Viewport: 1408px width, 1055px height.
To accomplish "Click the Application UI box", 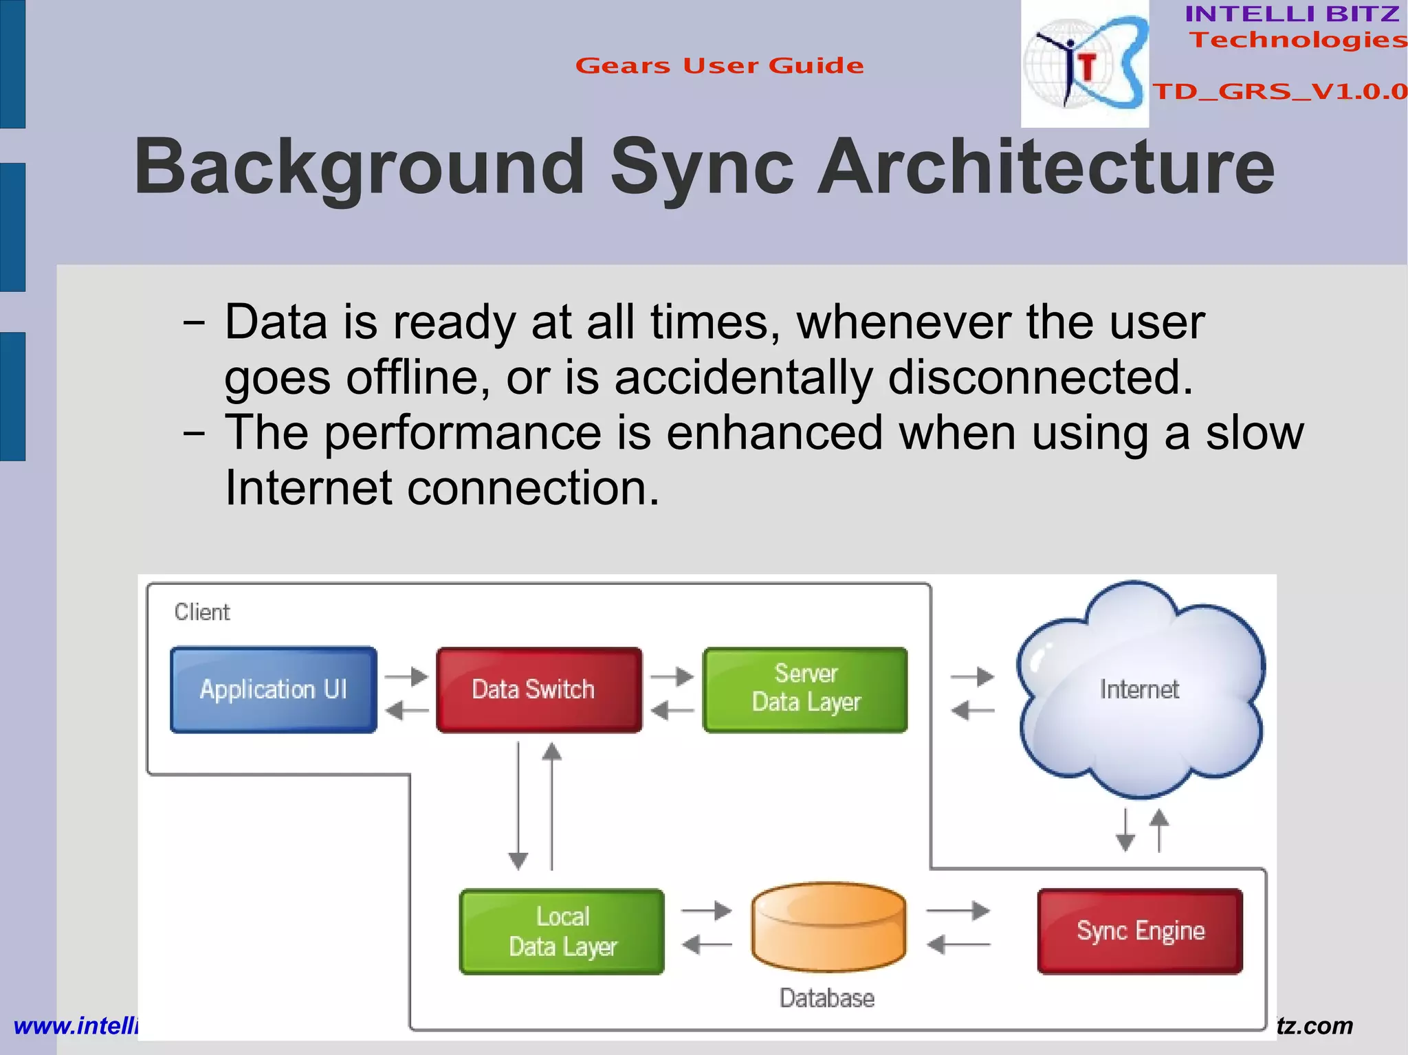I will [x=274, y=689].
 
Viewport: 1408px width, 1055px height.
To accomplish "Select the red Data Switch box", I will [x=539, y=689].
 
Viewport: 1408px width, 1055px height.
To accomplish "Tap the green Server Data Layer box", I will [x=805, y=689].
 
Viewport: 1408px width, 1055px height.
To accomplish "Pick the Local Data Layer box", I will [x=562, y=931].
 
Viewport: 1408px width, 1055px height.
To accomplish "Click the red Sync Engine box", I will [x=1140, y=931].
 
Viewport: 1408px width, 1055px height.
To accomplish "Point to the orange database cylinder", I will [x=828, y=928].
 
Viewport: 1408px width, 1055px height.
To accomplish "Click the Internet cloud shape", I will [x=1140, y=689].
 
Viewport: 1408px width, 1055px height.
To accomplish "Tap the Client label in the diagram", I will [x=201, y=612].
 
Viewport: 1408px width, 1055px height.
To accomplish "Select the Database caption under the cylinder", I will [x=827, y=998].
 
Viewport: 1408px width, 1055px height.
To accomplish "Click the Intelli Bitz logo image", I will [x=1084, y=63].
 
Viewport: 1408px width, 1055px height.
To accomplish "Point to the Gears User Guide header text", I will [x=719, y=65].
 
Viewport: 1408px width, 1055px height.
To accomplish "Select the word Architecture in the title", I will [x=1045, y=167].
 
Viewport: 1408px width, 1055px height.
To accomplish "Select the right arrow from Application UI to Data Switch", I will [x=406, y=676].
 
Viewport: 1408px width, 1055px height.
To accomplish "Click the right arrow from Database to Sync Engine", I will [x=958, y=911].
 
